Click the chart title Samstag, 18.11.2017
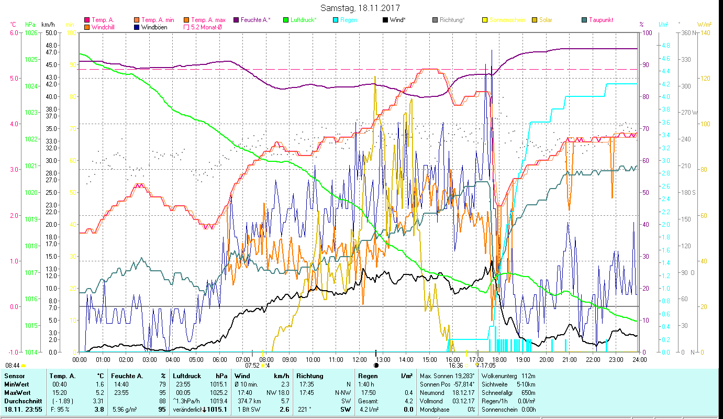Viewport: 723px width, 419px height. click(x=361, y=8)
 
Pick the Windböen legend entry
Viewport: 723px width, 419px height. click(x=151, y=27)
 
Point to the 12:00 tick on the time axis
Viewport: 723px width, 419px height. click(x=359, y=360)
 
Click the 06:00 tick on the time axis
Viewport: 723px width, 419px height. click(x=219, y=360)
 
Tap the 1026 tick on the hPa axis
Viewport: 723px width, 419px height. click(x=31, y=32)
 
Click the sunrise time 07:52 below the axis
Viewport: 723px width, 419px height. click(x=253, y=366)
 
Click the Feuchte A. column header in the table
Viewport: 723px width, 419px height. click(x=126, y=376)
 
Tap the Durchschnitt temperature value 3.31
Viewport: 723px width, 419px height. click(x=97, y=401)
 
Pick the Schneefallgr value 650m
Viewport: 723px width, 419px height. click(x=527, y=392)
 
